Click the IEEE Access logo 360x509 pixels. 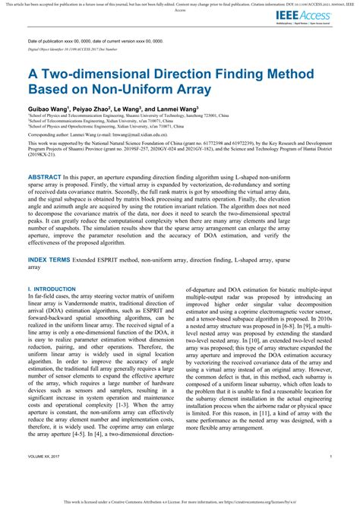[312, 14]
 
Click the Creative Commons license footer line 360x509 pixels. [179, 502]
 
